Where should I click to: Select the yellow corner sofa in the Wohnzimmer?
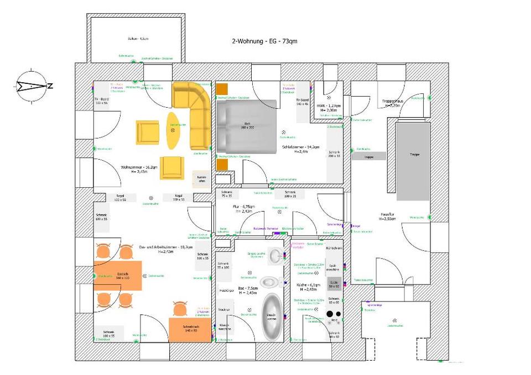[x=194, y=110]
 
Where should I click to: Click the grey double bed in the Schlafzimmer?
[x=246, y=125]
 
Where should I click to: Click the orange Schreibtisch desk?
[x=184, y=330]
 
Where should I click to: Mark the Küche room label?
[x=308, y=285]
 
